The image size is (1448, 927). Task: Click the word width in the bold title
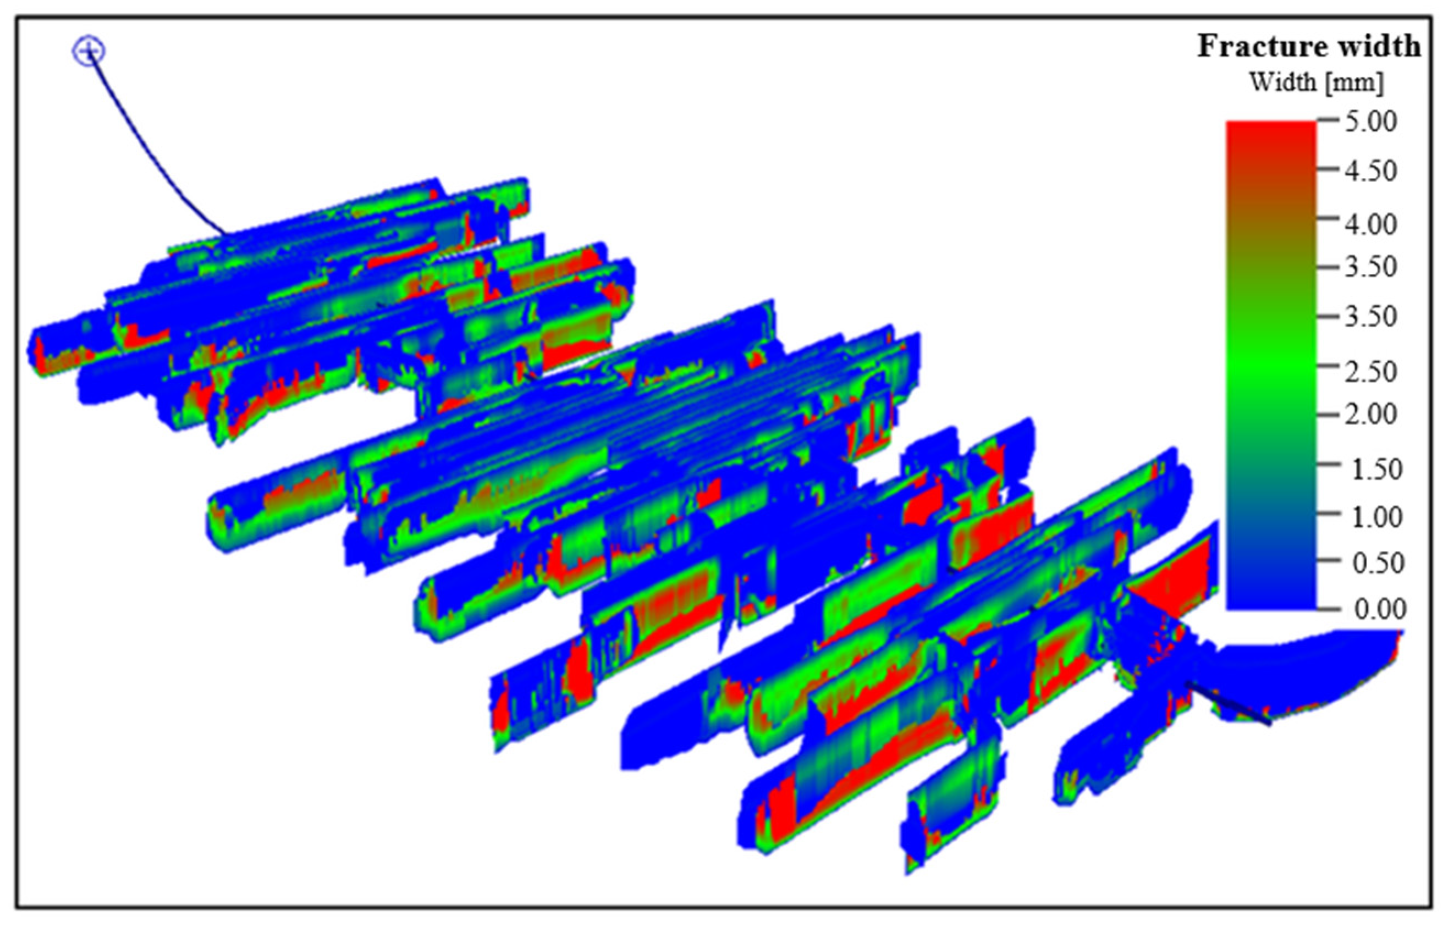(1385, 46)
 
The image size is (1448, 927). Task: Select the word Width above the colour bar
(1282, 82)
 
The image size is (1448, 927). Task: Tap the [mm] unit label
(1354, 82)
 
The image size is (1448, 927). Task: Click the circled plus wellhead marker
(89, 51)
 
